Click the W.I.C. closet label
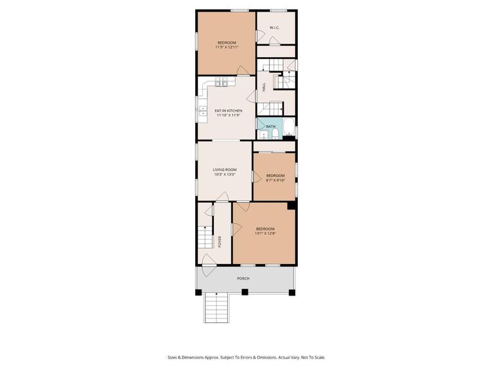point(273,28)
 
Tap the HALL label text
point(263,88)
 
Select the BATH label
point(271,127)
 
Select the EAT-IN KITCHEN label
point(228,110)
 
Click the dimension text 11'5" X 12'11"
point(227,47)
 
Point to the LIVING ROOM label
point(225,170)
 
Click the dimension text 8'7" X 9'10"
point(275,180)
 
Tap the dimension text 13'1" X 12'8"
point(265,233)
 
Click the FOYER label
point(220,242)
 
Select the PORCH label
point(243,278)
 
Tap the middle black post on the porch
point(245,292)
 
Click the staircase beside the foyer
point(205,235)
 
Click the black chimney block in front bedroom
point(291,206)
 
